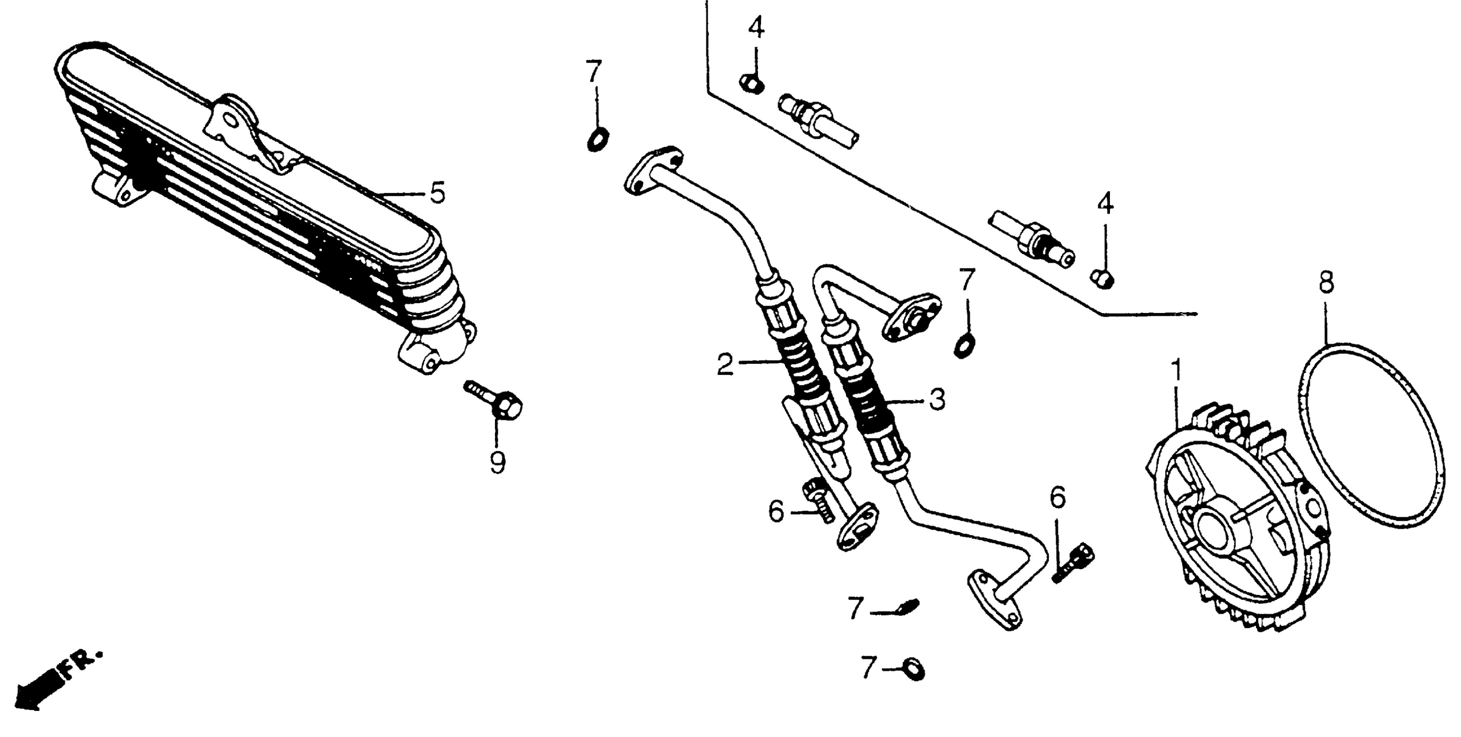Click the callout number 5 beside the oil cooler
437,193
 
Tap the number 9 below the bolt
498,463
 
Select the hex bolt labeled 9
499,404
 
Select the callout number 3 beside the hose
937,399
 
